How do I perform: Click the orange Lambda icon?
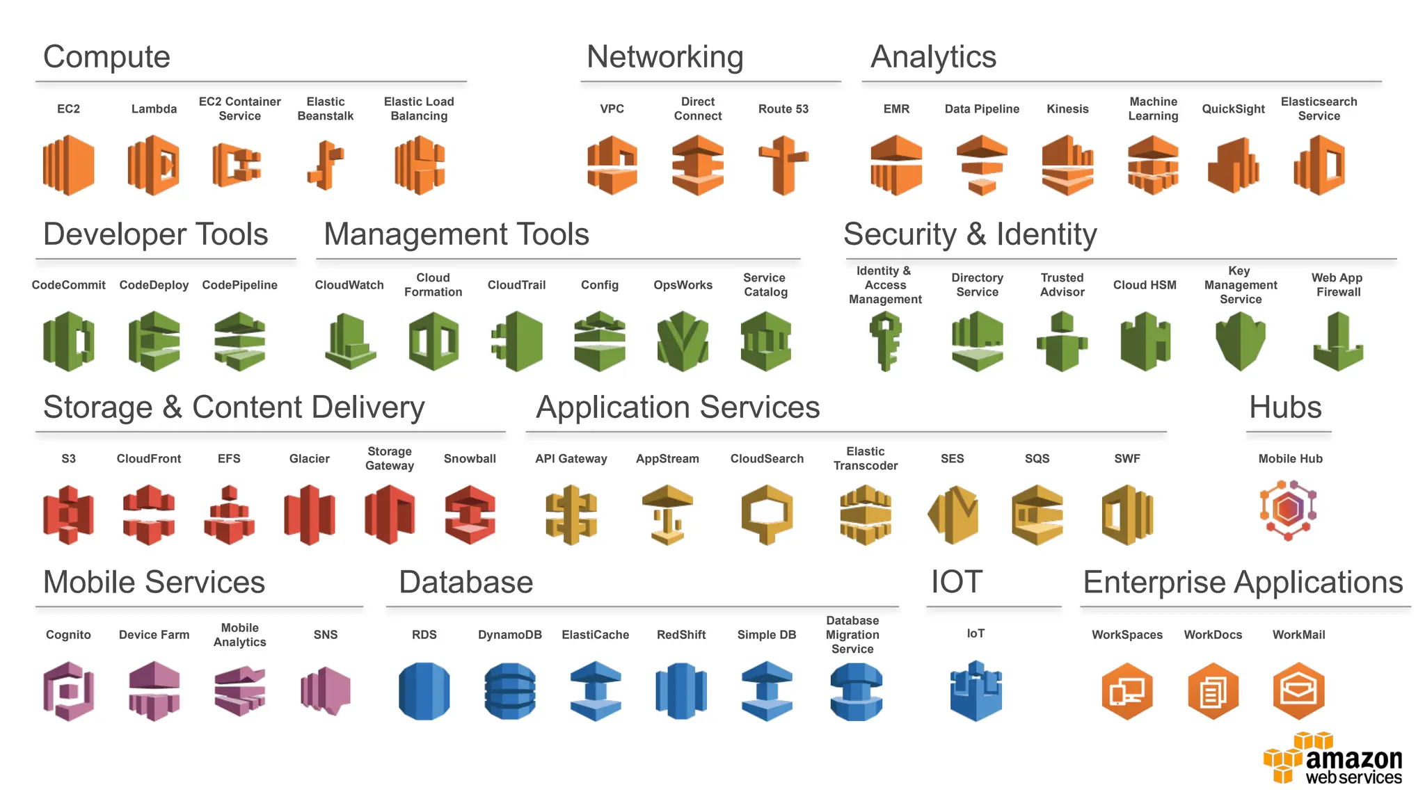click(154, 165)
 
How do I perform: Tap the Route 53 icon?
click(783, 165)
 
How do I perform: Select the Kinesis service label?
click(1067, 109)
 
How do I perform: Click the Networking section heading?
click(664, 57)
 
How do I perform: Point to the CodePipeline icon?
click(239, 341)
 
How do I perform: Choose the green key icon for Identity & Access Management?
click(885, 341)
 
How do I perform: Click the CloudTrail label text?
click(516, 285)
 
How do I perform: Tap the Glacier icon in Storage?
click(310, 515)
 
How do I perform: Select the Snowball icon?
click(470, 515)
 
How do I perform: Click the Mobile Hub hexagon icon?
click(1289, 510)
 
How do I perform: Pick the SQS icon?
click(1037, 515)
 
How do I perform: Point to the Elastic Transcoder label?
click(866, 459)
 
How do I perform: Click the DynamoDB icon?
click(510, 691)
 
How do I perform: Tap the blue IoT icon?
click(976, 691)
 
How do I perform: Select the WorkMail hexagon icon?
click(1298, 691)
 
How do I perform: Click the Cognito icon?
click(68, 691)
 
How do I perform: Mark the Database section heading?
click(465, 583)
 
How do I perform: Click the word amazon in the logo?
click(1353, 759)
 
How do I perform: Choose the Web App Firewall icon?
click(1337, 341)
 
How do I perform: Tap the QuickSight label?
click(1233, 109)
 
